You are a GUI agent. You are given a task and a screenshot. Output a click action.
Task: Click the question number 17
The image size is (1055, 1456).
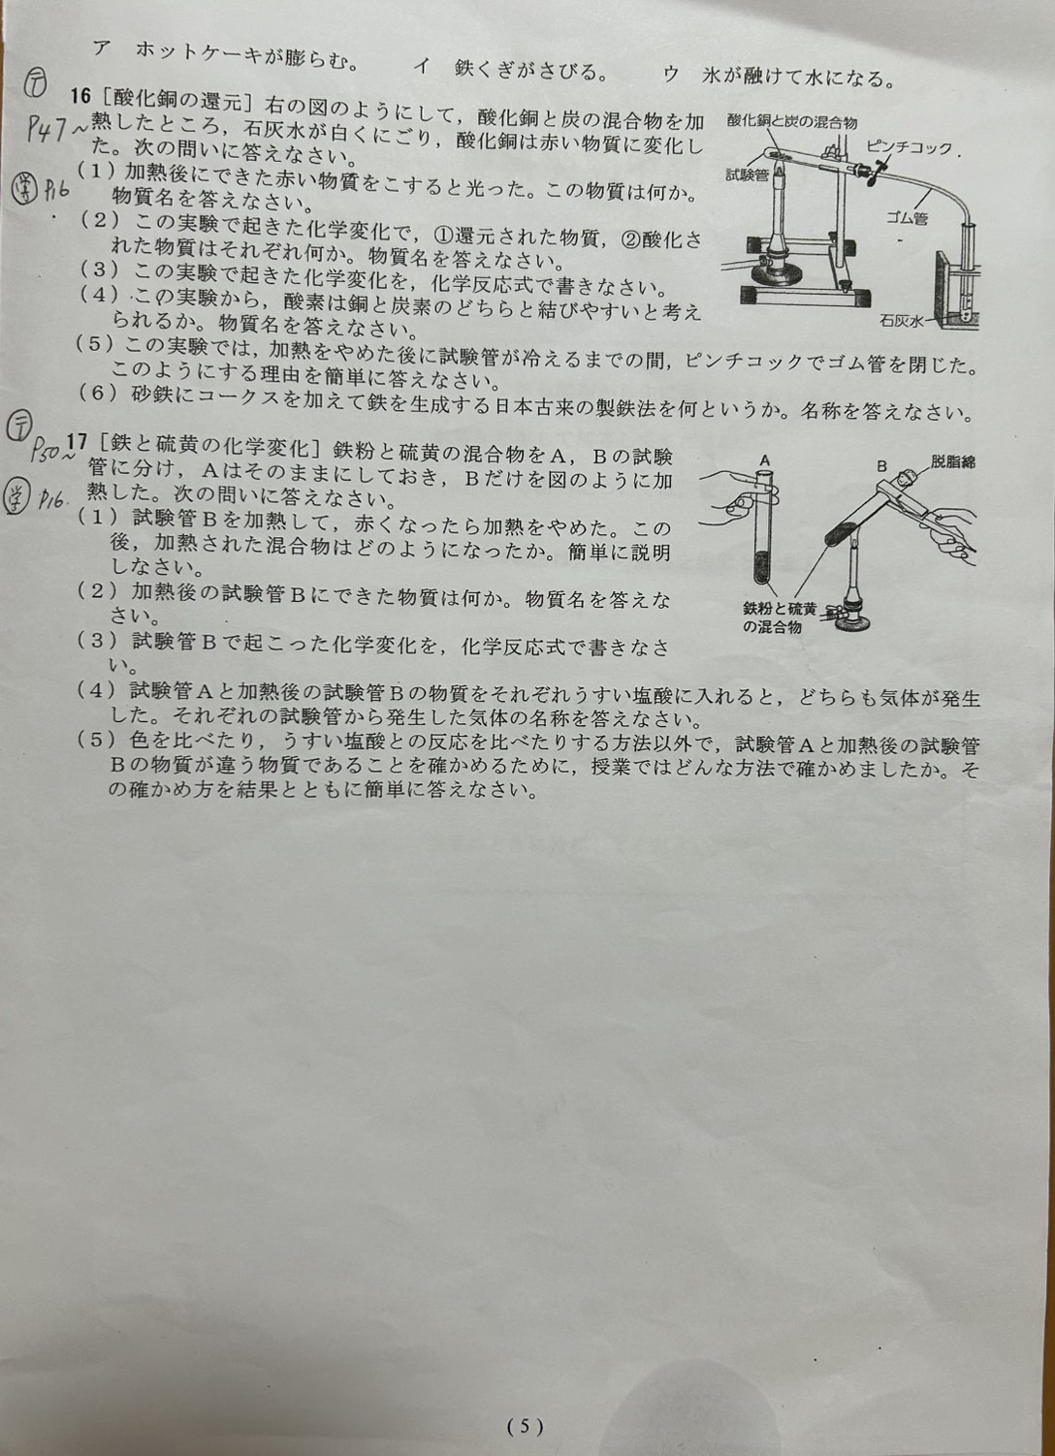[x=78, y=442]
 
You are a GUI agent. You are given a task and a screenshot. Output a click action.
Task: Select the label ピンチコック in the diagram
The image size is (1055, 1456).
[x=908, y=147]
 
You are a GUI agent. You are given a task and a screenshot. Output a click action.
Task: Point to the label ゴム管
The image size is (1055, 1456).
[x=906, y=218]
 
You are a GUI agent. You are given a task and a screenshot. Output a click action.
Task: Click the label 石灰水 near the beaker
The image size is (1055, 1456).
[x=902, y=321]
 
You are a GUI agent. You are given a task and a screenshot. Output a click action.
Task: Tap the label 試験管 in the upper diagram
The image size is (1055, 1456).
[x=748, y=174]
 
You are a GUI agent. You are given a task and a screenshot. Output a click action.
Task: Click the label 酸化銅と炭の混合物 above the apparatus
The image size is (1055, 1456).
[x=792, y=121]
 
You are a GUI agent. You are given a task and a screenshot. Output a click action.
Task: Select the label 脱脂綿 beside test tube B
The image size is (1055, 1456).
[x=952, y=461]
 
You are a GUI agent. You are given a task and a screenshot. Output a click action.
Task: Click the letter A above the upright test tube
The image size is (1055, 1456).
[x=764, y=460]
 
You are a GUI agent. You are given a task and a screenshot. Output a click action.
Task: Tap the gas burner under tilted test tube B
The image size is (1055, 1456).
[x=853, y=601]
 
